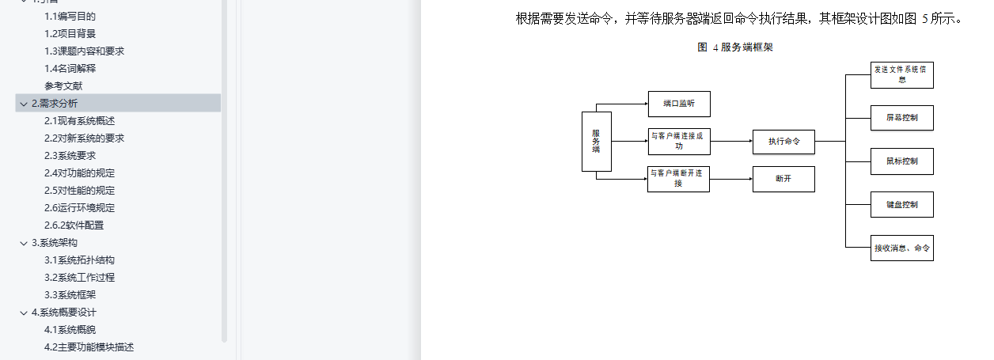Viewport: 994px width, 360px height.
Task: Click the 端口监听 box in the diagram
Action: click(679, 104)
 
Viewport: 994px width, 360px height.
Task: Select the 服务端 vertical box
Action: click(597, 142)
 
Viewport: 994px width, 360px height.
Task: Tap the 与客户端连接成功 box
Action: click(679, 141)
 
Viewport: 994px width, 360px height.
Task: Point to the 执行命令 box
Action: click(783, 142)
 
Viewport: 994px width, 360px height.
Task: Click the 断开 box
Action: click(783, 179)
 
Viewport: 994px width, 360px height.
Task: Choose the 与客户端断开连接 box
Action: click(678, 179)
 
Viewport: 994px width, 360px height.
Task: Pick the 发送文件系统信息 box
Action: click(901, 75)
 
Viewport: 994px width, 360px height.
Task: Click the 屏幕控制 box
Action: click(901, 118)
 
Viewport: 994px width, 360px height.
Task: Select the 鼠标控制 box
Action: click(901, 161)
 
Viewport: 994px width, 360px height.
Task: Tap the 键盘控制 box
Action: click(901, 205)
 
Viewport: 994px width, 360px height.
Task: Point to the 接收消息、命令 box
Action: click(901, 248)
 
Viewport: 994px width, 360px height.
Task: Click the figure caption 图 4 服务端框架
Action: click(735, 47)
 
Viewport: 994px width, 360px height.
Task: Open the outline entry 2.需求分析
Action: click(55, 104)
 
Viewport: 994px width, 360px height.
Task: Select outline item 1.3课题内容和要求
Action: click(85, 51)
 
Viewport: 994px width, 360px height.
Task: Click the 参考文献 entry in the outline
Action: click(63, 85)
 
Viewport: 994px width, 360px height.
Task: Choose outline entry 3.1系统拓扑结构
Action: click(79, 260)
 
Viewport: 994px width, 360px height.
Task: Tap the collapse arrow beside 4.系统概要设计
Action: click(24, 313)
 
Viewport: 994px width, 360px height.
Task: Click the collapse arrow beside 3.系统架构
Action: click(24, 243)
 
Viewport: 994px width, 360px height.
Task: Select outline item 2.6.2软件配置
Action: click(74, 225)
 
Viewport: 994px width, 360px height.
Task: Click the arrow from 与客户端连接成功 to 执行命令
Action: click(732, 141)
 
